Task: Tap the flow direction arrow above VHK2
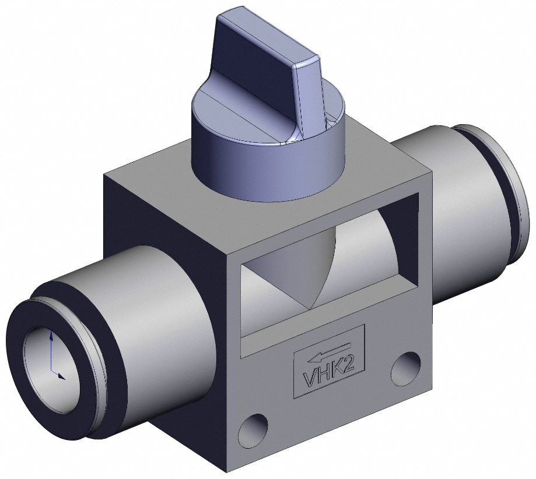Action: click(328, 352)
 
